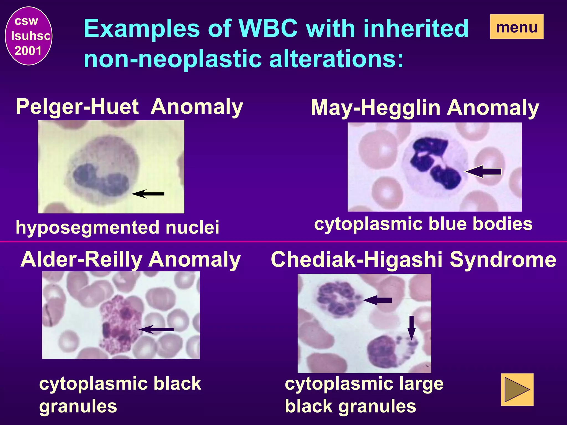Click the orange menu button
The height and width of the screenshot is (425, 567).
[x=516, y=27]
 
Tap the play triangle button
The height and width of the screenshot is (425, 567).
[x=517, y=389]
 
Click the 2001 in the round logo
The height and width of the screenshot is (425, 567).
[x=28, y=51]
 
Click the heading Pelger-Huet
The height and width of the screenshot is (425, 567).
[x=77, y=107]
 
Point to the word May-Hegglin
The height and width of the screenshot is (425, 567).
[x=375, y=108]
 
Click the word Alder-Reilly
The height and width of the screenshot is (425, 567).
[x=81, y=260]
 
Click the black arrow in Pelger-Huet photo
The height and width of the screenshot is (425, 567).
[x=148, y=194]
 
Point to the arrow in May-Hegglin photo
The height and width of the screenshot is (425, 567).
[x=484, y=172]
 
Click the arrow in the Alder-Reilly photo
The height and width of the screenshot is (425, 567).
[x=156, y=329]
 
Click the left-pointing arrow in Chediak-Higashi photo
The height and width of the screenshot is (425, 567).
[x=378, y=300]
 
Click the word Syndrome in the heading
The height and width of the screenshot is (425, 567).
[x=503, y=260]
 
